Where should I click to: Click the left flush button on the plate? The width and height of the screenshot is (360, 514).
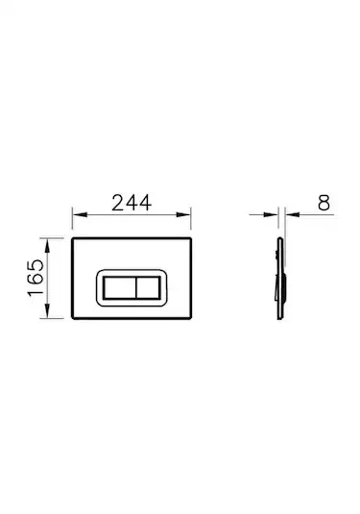118,287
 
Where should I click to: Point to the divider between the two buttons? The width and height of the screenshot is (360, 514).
133,287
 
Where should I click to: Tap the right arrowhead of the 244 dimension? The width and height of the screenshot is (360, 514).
190,216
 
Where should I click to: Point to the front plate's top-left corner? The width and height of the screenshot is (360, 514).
74,236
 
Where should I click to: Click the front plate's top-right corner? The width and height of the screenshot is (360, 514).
194,236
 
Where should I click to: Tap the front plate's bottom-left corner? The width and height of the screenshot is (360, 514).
74,322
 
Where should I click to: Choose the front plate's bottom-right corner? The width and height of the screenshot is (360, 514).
194,322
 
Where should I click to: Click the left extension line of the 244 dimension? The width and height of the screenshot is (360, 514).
74,223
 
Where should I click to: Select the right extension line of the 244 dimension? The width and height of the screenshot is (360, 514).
194,223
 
